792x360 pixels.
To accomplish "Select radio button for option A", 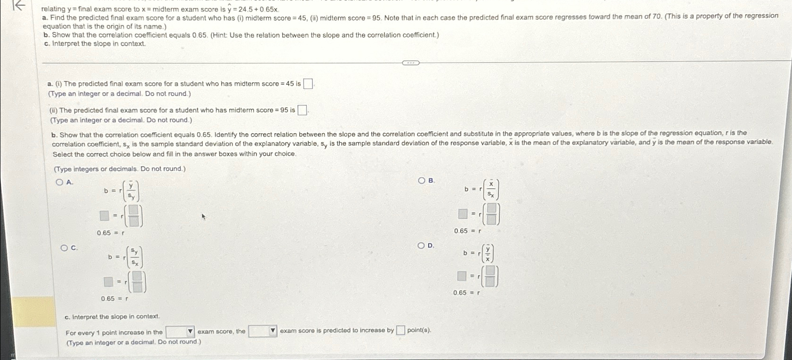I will [59, 183].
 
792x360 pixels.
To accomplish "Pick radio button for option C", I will [64, 248].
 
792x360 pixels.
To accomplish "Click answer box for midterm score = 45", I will [308, 84].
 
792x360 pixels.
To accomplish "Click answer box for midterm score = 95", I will [303, 111].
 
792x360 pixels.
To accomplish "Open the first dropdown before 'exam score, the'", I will [180, 332].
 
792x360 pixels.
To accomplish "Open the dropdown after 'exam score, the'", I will [263, 331].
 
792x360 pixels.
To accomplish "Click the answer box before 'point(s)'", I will [400, 330].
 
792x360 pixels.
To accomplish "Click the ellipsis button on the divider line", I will [410, 63].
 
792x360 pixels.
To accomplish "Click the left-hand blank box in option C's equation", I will [109, 282].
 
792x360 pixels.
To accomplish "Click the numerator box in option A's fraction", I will [134, 209].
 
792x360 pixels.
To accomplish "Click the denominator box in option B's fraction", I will [491, 219].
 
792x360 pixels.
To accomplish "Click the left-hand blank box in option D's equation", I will [462, 276].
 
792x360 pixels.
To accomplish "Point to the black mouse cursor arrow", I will [204, 217].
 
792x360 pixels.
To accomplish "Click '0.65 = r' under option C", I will [114, 298].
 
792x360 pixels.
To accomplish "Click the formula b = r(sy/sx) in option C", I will [125, 257].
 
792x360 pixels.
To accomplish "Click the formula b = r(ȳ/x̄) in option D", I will [479, 253].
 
